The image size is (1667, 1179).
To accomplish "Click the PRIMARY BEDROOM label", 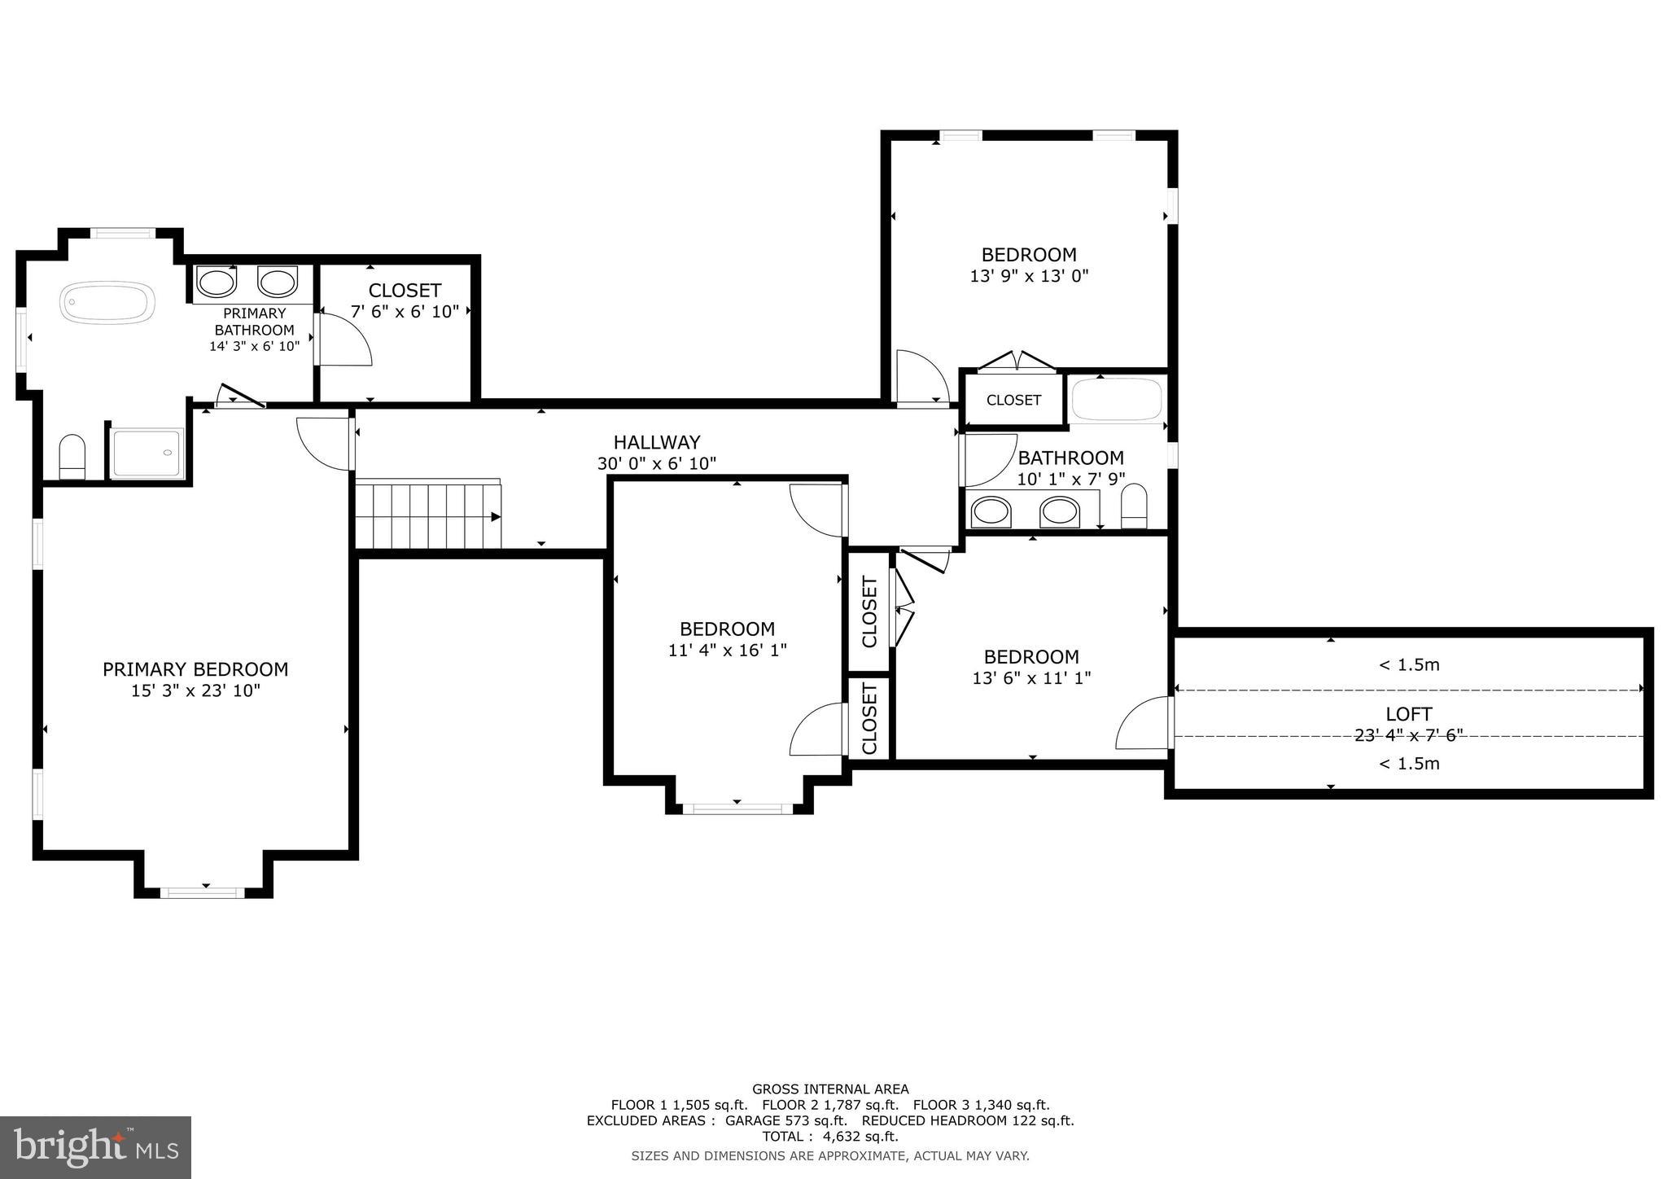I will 195,669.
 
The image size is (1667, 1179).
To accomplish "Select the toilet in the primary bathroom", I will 72,457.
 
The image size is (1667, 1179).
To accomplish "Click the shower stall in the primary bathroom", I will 147,454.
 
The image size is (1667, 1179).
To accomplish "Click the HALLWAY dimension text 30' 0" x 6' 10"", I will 656,464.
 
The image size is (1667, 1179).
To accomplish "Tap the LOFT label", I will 1408,714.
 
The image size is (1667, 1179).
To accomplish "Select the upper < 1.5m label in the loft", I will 1408,665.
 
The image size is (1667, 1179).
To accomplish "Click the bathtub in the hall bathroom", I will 1116,399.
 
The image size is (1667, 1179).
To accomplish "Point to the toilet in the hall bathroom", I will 1134,506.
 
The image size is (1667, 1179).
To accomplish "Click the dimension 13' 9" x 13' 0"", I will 1029,276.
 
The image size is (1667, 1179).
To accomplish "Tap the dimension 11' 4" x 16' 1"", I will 727,651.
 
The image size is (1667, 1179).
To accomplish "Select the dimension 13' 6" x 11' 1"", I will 1031,677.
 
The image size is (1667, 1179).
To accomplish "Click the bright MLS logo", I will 95,1147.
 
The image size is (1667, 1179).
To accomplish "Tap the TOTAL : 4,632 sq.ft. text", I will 829,1136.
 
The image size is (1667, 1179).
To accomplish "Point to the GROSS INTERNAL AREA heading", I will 830,1089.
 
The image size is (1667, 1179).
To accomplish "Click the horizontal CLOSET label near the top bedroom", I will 1013,400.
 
